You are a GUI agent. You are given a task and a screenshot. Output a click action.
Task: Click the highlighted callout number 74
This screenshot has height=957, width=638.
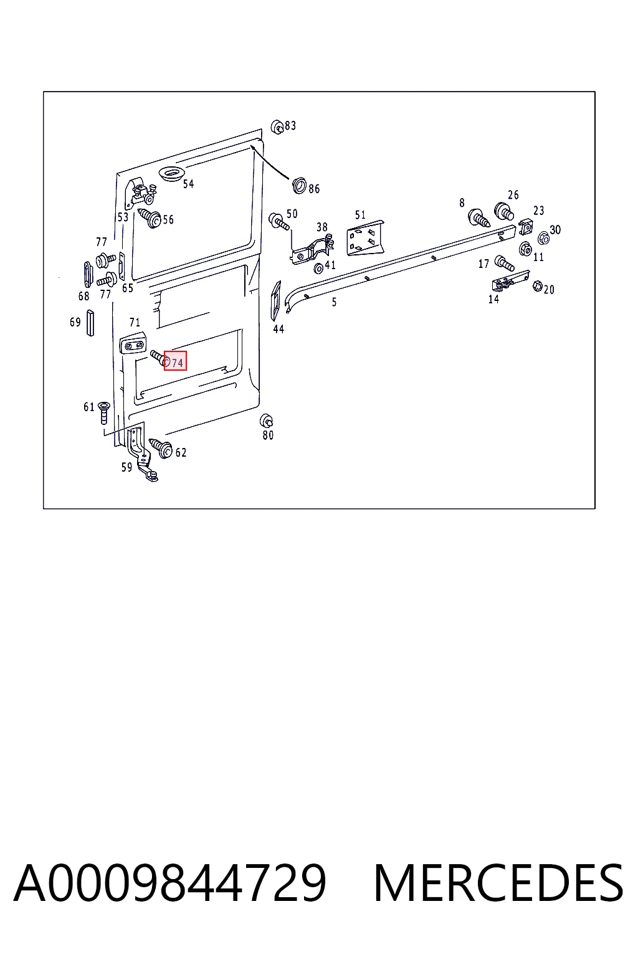tap(178, 363)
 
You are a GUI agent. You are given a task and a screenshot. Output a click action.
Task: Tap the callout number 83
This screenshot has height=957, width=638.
tap(290, 126)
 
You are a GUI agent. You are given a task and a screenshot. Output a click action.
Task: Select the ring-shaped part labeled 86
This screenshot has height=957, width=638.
tap(299, 186)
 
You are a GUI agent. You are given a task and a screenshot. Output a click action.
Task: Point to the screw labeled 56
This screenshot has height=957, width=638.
tap(150, 217)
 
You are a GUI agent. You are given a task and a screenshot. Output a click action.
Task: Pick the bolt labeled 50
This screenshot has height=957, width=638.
tap(279, 222)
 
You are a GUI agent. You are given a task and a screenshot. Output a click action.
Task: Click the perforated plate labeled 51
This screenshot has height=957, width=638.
tap(365, 238)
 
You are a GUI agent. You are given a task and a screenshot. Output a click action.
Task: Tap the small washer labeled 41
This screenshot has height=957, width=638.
tap(318, 269)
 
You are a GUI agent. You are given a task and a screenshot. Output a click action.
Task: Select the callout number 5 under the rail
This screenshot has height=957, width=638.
tap(334, 302)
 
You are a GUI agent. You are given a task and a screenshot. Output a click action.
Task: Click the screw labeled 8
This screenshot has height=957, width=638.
tap(479, 217)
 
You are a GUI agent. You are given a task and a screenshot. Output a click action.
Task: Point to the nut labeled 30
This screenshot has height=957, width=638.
tap(543, 237)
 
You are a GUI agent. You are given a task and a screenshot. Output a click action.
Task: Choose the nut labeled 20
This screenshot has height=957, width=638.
tap(538, 285)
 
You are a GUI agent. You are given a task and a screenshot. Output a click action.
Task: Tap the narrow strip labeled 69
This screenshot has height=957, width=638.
tap(90, 323)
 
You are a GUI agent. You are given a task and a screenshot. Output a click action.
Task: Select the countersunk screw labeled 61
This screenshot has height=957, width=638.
tap(104, 412)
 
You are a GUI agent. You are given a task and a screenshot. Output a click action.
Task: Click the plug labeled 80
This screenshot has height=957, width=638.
tap(267, 421)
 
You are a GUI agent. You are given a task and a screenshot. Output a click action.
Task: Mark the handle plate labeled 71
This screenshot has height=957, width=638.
tap(133, 343)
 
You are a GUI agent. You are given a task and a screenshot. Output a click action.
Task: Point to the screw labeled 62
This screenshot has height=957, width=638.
tap(161, 448)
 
